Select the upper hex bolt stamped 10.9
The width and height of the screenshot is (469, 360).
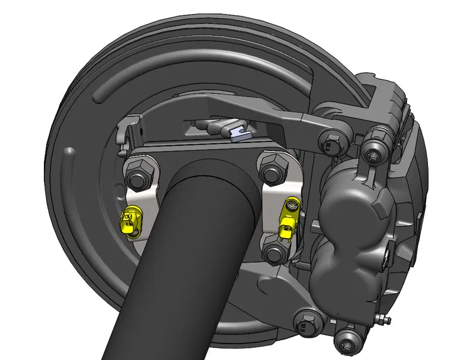coord(329,142)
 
